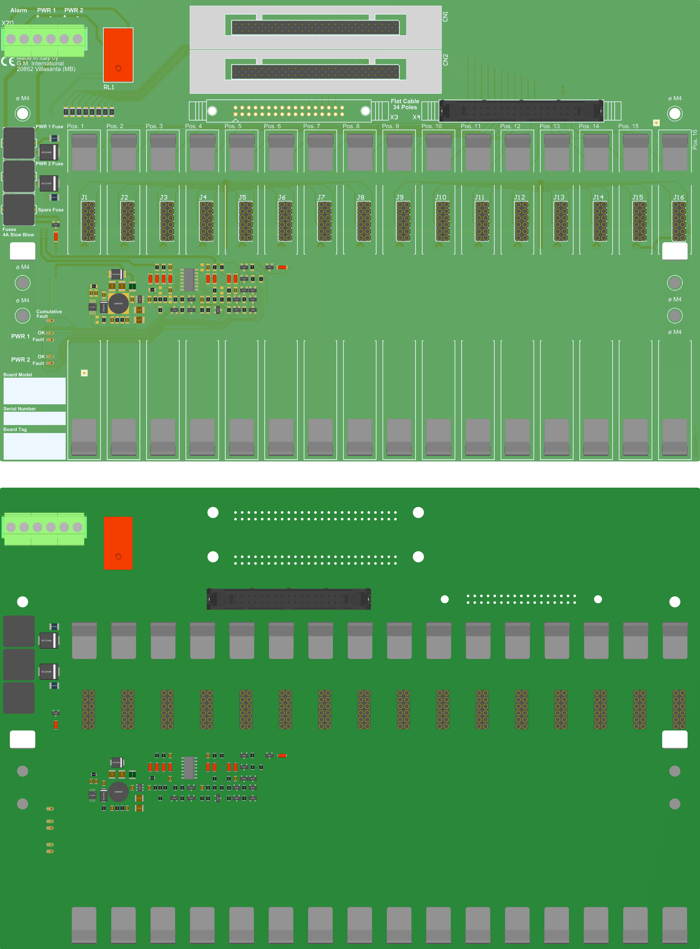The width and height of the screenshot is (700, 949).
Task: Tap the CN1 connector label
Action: coord(445,17)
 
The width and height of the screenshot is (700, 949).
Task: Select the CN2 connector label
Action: coord(445,60)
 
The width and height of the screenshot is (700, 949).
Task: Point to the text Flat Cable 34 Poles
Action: coord(405,104)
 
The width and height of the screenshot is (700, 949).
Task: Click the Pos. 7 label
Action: coord(311,126)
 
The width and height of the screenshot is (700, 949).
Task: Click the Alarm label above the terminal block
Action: coord(19,10)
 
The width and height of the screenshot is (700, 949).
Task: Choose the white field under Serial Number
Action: coord(34,418)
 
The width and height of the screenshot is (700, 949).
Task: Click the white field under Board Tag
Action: coord(34,446)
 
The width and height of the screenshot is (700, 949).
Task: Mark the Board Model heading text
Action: coord(18,375)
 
